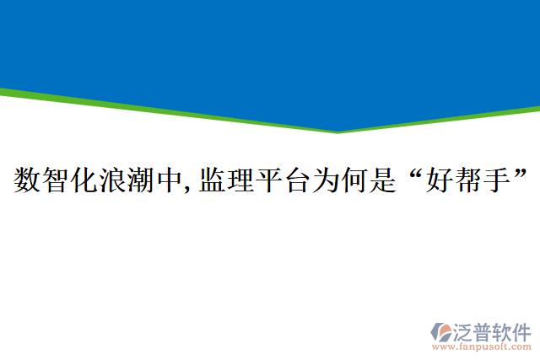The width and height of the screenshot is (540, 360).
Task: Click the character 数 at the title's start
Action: coord(27,180)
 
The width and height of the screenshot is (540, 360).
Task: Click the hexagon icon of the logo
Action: coord(441,334)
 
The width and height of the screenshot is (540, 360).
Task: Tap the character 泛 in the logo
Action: coord(465,330)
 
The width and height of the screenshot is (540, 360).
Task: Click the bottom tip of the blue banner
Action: coord(338,132)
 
